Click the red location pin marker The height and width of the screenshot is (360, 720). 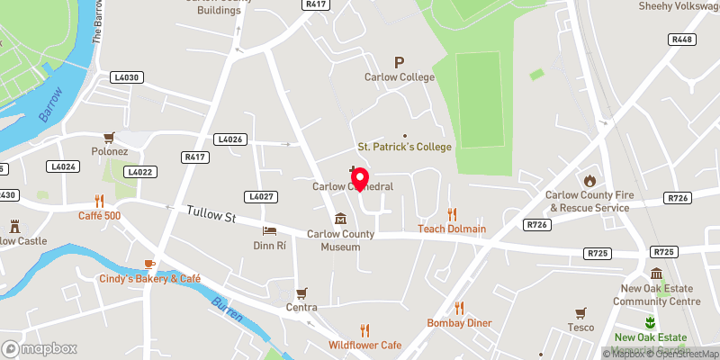pyautogui.click(x=359, y=179)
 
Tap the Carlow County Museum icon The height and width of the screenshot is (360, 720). pyautogui.click(x=341, y=219)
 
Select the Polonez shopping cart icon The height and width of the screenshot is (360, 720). pyautogui.click(x=110, y=138)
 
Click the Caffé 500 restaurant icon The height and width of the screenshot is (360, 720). pyautogui.click(x=99, y=201)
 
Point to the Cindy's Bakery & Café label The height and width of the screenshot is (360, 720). pyautogui.click(x=150, y=279)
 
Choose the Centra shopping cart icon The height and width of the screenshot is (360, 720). pyautogui.click(x=301, y=293)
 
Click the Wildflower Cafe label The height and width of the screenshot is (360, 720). pyautogui.click(x=364, y=345)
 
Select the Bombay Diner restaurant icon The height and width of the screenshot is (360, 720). pyautogui.click(x=459, y=308)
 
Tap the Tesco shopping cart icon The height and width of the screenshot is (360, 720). pyautogui.click(x=580, y=312)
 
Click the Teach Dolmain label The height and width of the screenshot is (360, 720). pyautogui.click(x=452, y=229)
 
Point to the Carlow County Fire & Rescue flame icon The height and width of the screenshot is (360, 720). pyautogui.click(x=589, y=180)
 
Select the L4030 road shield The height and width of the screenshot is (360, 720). pyautogui.click(x=128, y=78)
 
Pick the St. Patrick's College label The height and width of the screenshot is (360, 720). pyautogui.click(x=405, y=147)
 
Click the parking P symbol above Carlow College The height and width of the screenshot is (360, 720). pyautogui.click(x=399, y=62)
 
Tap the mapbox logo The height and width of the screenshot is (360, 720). pyautogui.click(x=39, y=348)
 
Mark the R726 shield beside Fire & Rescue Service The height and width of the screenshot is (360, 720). pyautogui.click(x=677, y=196)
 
